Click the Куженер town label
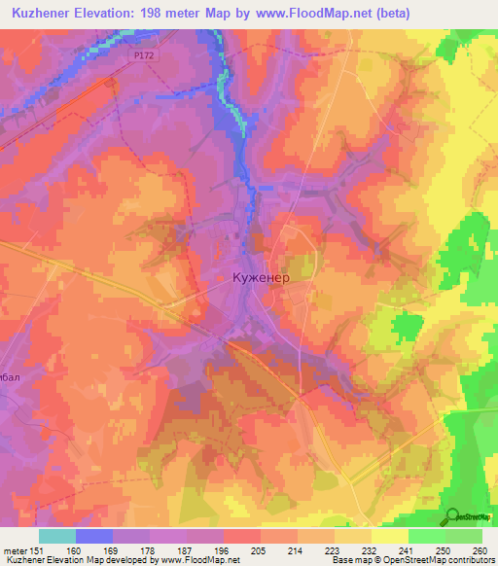tap(261, 277)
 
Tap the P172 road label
tap(145, 55)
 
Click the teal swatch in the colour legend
tap(57, 535)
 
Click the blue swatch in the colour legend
tap(94, 535)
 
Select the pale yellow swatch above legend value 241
tap(390, 535)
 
